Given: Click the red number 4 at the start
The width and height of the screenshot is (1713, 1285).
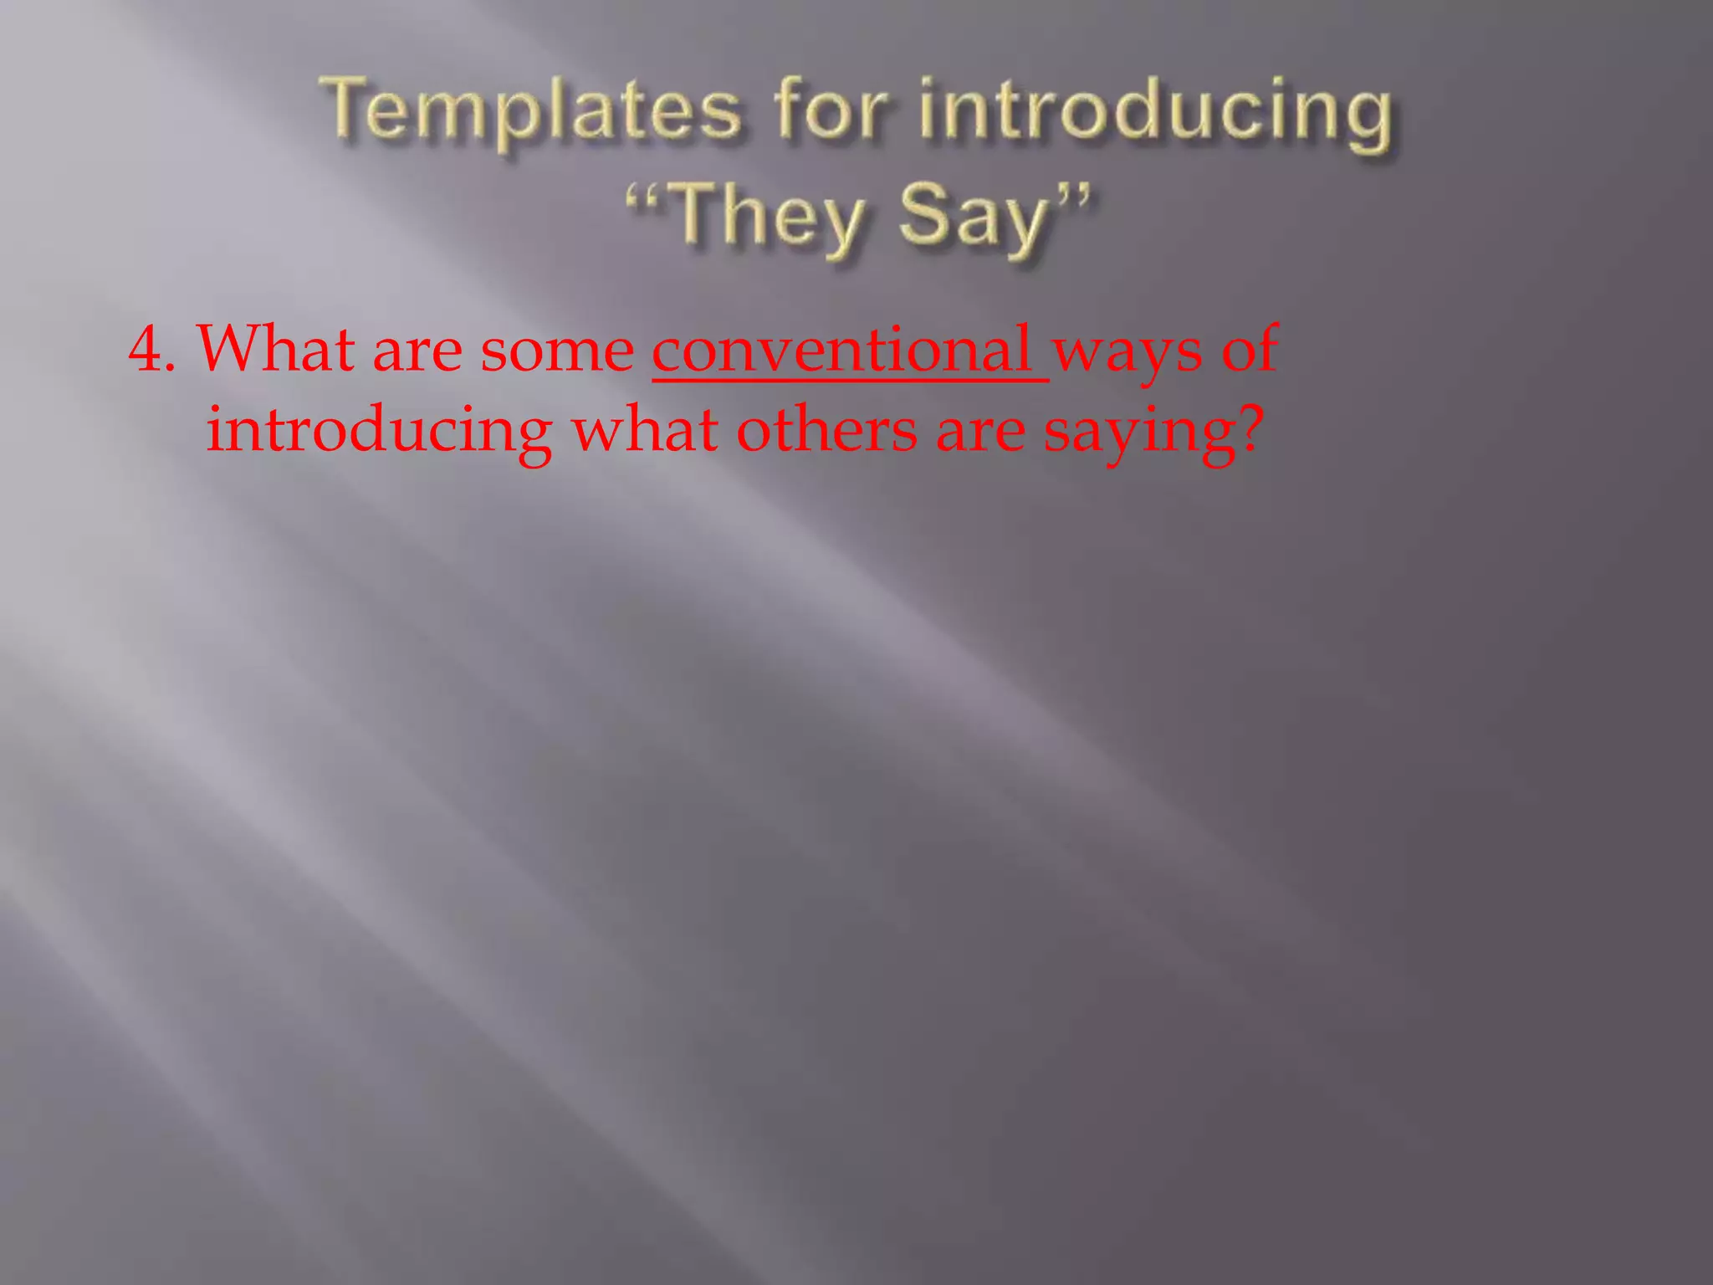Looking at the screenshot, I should pos(145,350).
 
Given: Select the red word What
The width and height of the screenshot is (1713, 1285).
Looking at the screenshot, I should pos(275,349).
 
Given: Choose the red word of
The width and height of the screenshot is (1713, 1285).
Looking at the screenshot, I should pos(1250,349).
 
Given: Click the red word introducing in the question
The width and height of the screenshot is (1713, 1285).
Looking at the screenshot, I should pos(379,432).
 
